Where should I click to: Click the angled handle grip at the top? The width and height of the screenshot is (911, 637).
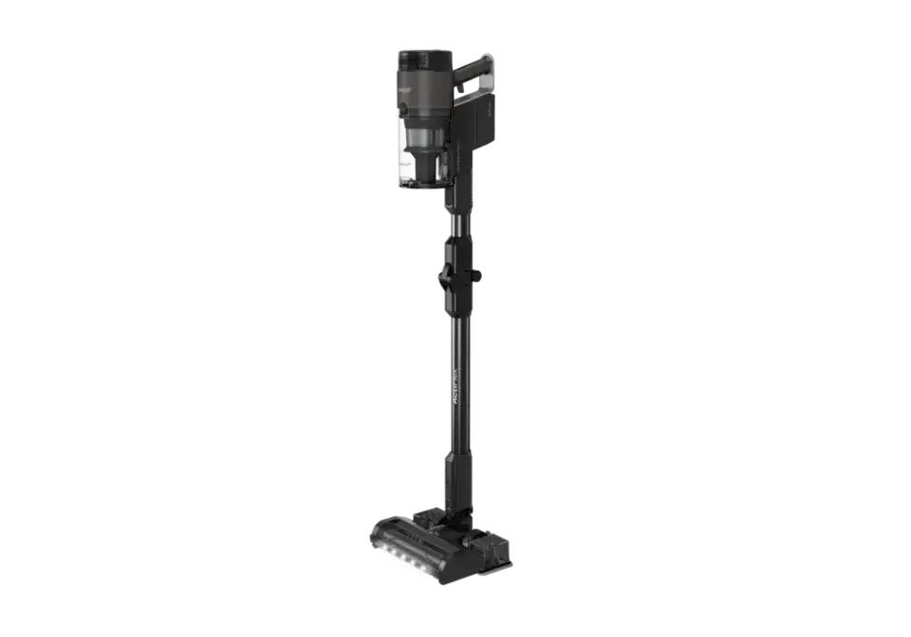[x=474, y=67]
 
